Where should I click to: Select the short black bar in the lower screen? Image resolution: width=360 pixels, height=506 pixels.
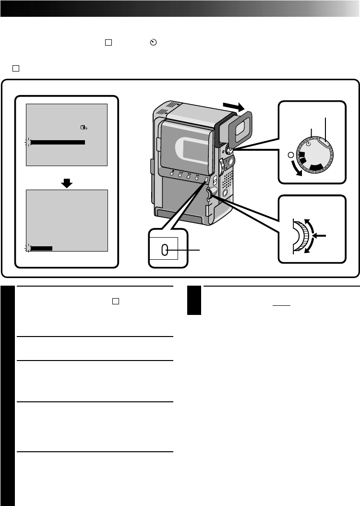pos(41,248)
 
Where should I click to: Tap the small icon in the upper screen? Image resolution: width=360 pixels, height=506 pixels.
pos(84,127)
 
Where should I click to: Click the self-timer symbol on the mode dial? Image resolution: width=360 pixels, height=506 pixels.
pos(308,143)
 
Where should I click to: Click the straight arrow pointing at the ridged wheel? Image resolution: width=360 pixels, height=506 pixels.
pos(320,235)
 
